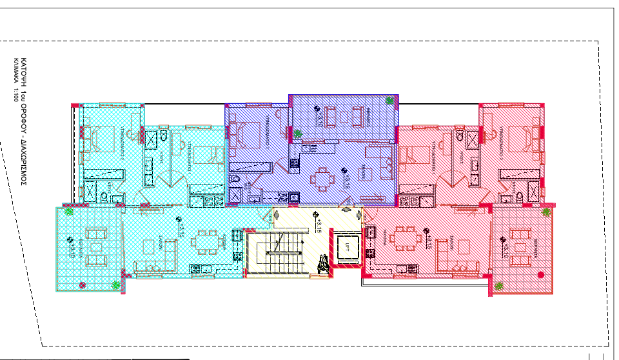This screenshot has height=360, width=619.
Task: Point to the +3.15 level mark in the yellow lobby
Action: click(x=317, y=222)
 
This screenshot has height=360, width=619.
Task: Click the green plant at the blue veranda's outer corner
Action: click(x=389, y=100)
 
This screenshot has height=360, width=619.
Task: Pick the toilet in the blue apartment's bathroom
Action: click(x=235, y=179)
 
